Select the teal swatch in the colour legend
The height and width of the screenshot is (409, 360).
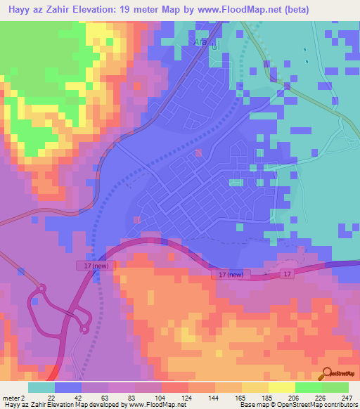point(41,387)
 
